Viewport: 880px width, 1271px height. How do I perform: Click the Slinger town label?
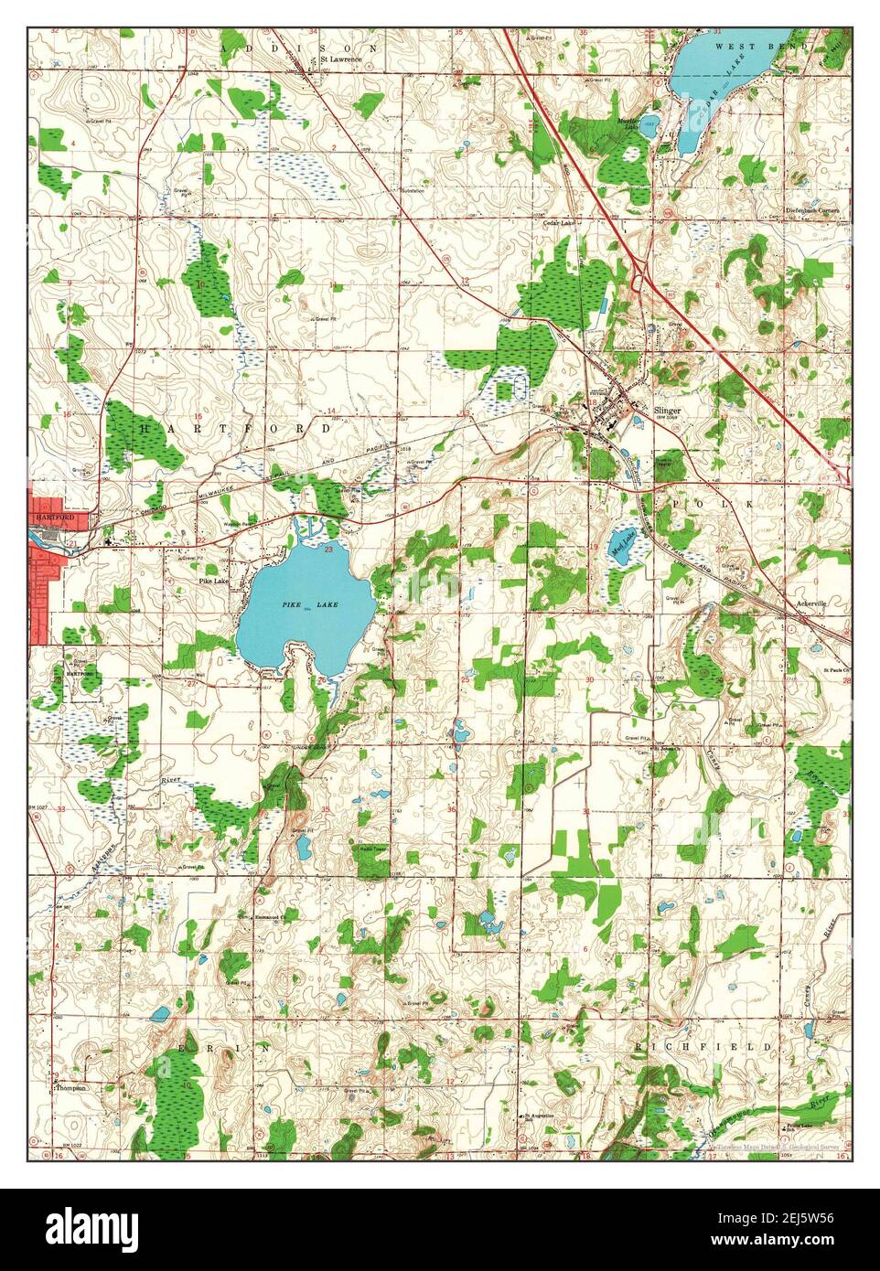click(668, 411)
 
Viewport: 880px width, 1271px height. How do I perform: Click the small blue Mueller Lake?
click(648, 127)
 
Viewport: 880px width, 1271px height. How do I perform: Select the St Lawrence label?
click(340, 59)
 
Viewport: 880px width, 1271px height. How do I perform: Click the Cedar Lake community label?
click(558, 221)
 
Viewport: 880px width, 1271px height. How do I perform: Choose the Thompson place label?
click(70, 1088)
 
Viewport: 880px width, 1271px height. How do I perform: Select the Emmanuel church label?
click(272, 913)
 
